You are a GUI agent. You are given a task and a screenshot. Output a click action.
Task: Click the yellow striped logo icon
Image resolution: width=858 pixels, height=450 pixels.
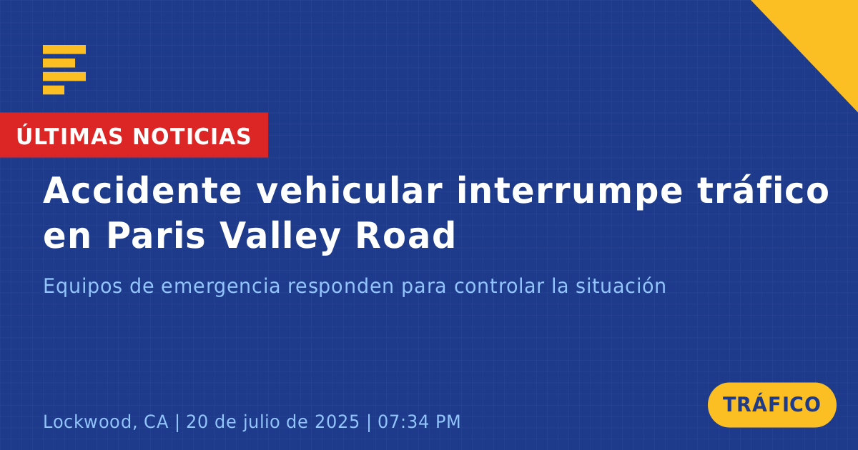[x=64, y=70]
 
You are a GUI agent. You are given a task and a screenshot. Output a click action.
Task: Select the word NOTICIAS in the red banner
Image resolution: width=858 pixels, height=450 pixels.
[x=192, y=136]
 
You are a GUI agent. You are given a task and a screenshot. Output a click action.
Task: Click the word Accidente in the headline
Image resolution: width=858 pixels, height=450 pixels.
[x=142, y=190]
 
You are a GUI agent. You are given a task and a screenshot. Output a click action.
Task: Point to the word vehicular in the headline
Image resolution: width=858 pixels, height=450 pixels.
[x=350, y=190]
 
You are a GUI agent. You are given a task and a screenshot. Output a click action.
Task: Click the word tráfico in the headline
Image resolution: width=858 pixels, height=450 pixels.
[x=763, y=190]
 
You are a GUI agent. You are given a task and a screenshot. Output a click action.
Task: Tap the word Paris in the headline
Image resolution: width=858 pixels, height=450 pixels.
[x=156, y=235]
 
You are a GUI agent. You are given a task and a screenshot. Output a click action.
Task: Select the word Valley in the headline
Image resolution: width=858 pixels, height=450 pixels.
[x=280, y=237]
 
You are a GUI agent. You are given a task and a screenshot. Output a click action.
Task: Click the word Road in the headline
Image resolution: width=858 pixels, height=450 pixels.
[x=405, y=235]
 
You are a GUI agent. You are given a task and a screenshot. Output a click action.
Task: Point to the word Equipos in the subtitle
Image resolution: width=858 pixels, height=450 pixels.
[x=83, y=287]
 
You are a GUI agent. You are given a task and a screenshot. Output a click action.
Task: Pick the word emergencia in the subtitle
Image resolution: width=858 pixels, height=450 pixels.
[x=221, y=287]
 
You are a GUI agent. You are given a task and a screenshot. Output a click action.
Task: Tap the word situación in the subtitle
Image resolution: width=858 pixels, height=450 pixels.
[x=621, y=286]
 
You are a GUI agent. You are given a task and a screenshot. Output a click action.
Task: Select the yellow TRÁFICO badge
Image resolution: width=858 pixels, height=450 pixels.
[x=771, y=405]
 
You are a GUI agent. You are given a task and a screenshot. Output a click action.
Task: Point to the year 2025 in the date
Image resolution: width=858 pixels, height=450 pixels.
[x=337, y=422]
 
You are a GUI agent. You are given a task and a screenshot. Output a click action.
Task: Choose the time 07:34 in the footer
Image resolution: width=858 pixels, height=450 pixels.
[x=403, y=422]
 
